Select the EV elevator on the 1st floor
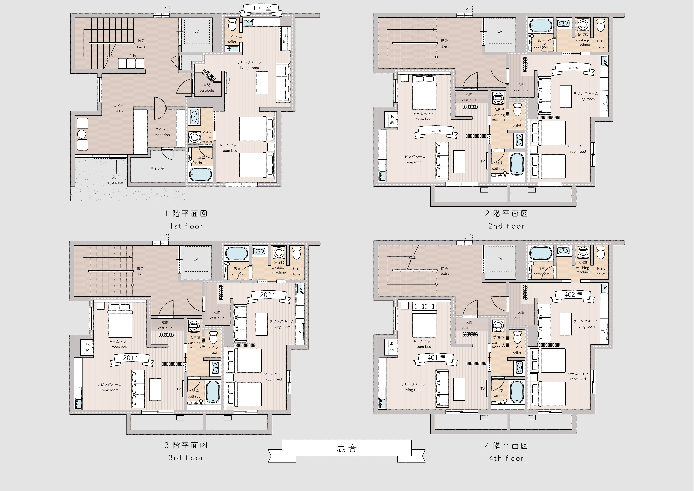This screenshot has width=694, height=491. pyautogui.click(x=196, y=31)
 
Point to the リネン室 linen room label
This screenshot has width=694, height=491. pyautogui.click(x=157, y=168)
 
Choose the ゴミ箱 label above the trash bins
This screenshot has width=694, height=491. pyautogui.click(x=131, y=55)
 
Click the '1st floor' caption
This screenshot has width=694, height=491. pyautogui.click(x=186, y=226)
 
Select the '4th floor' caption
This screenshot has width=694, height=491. pyautogui.click(x=506, y=458)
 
